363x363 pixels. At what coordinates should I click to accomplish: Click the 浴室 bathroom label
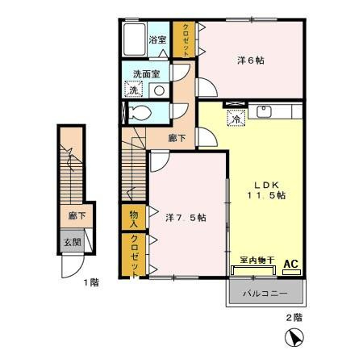click(157, 40)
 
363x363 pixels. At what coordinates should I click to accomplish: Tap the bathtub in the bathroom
click(135, 40)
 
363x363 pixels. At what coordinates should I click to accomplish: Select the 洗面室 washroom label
click(147, 74)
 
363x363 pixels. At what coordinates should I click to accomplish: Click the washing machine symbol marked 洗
click(134, 90)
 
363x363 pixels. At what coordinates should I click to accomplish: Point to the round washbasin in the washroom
click(159, 90)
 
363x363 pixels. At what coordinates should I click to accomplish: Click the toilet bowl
click(139, 112)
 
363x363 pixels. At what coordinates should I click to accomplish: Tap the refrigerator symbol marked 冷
click(236, 119)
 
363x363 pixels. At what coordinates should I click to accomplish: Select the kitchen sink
click(264, 111)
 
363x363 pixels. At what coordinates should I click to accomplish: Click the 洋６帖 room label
click(250, 60)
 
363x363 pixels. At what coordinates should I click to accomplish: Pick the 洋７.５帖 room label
click(186, 218)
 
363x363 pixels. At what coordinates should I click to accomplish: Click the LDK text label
click(266, 185)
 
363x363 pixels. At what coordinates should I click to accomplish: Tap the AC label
click(291, 264)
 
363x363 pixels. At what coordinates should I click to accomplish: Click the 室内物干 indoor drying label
click(257, 260)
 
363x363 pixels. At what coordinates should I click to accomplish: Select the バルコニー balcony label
click(265, 294)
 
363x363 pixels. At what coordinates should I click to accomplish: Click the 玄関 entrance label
click(72, 242)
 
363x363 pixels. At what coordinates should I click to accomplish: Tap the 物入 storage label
click(134, 219)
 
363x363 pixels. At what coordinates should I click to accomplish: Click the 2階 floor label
click(294, 318)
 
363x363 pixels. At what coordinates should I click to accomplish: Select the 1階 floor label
click(91, 282)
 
